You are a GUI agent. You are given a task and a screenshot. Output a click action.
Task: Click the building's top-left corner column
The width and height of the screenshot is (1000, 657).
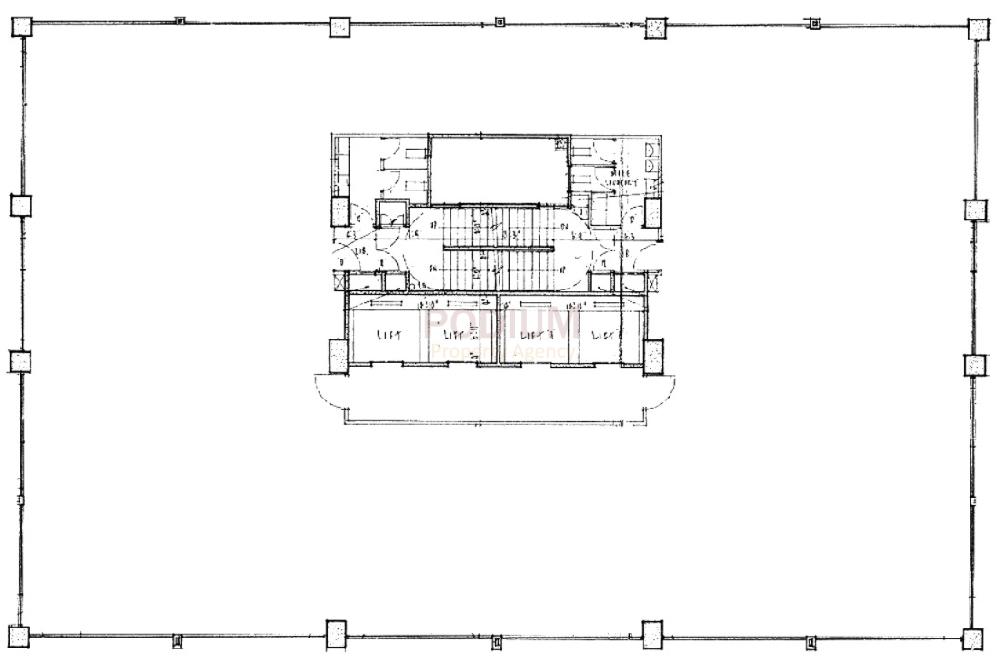point(22,27)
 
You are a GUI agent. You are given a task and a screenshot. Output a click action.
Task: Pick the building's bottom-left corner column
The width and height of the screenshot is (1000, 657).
point(20,635)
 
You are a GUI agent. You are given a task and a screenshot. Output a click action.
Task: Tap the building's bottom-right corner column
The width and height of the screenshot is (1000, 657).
point(971,636)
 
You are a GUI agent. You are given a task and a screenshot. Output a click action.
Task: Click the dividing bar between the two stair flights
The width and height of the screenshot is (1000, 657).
point(498,248)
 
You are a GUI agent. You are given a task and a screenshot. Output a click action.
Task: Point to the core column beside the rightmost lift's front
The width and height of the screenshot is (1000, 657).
point(652,354)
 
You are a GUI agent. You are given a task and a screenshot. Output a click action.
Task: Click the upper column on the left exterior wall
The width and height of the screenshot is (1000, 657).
point(22,205)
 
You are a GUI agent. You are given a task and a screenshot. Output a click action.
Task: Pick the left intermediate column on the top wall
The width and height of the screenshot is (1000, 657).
point(339,26)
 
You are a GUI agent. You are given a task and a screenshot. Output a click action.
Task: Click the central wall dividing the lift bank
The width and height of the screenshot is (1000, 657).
point(497,330)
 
